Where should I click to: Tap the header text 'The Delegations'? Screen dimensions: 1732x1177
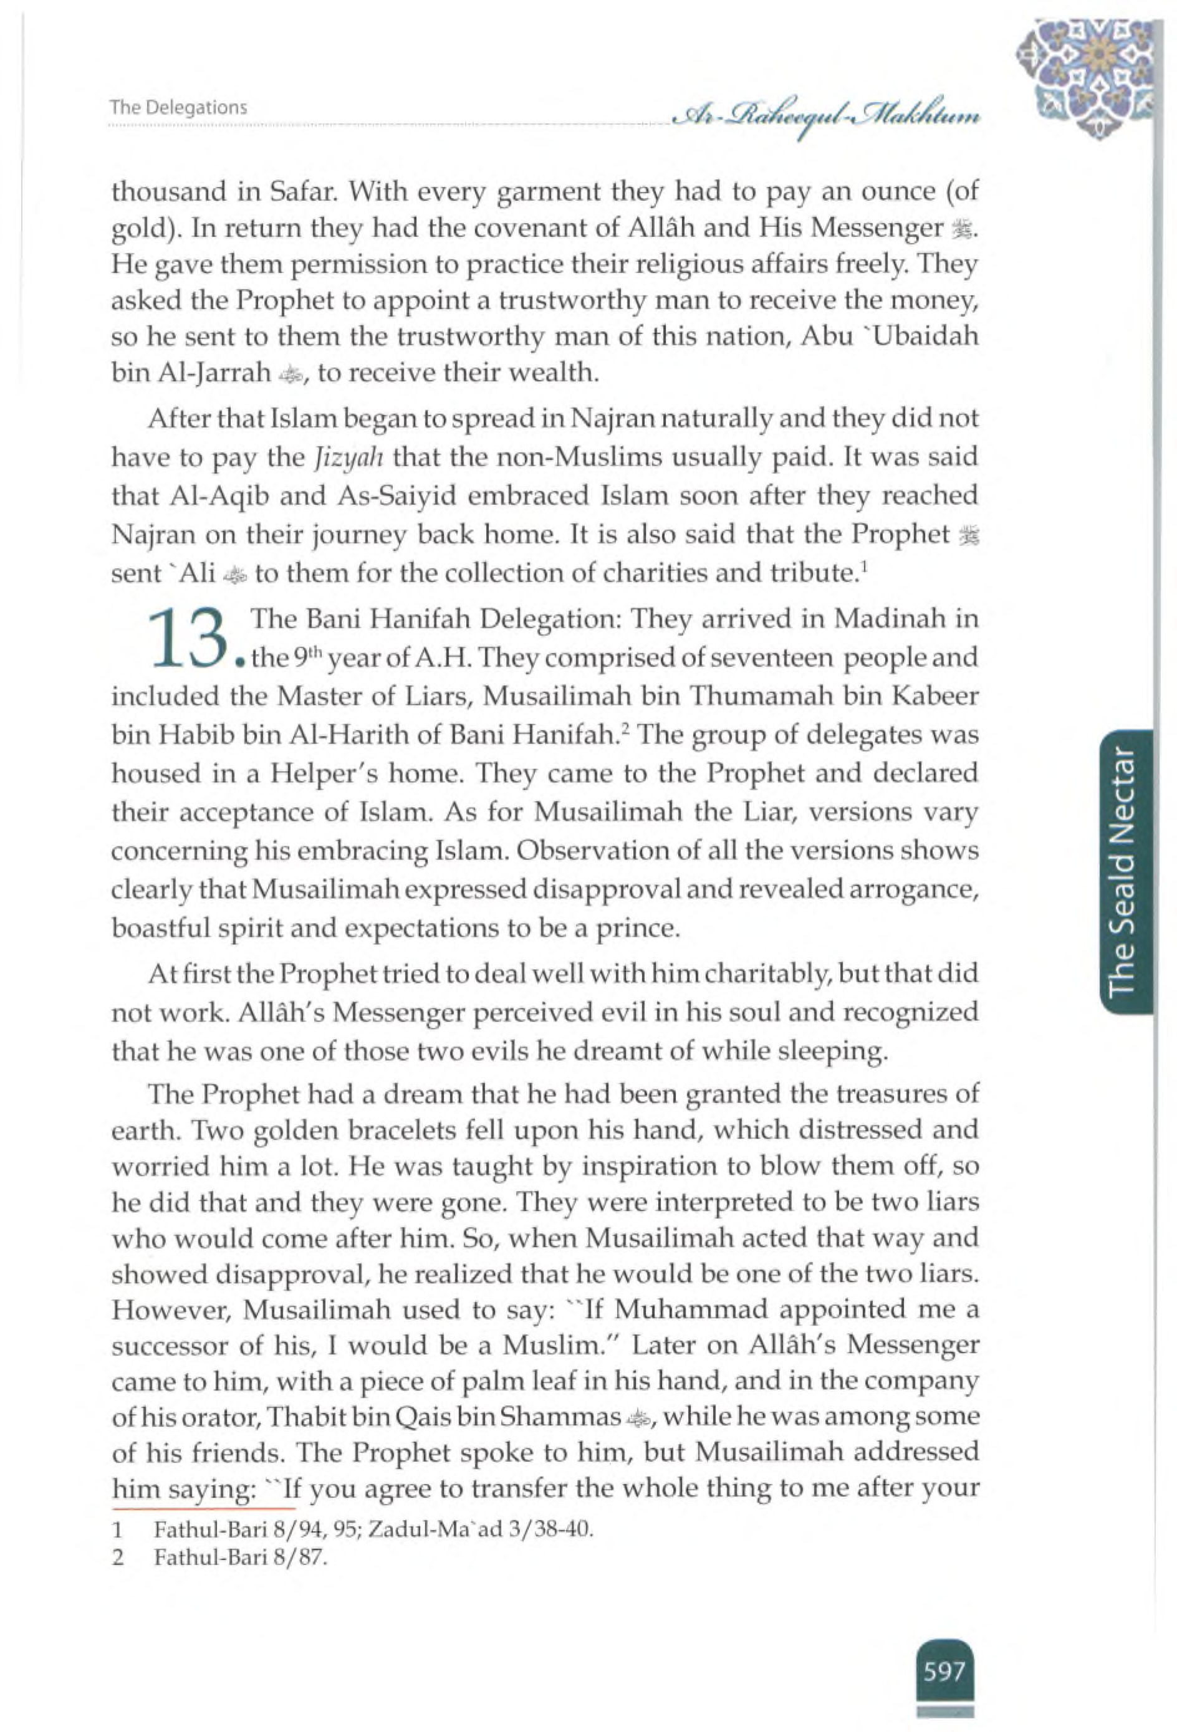click(178, 107)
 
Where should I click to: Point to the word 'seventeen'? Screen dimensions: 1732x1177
click(718, 658)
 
